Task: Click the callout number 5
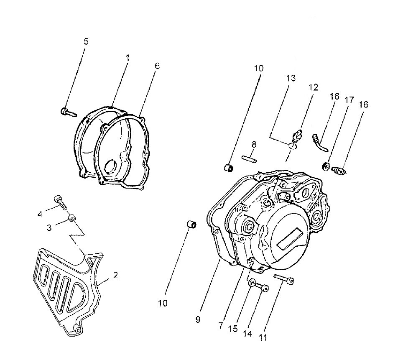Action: click(86, 41)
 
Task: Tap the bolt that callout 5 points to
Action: click(69, 112)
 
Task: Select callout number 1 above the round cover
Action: click(128, 58)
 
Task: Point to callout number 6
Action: click(157, 66)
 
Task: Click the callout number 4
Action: click(40, 214)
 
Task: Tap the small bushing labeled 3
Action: click(71, 219)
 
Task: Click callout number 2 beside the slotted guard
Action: click(115, 275)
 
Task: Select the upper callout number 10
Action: click(259, 69)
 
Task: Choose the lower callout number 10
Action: click(163, 303)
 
